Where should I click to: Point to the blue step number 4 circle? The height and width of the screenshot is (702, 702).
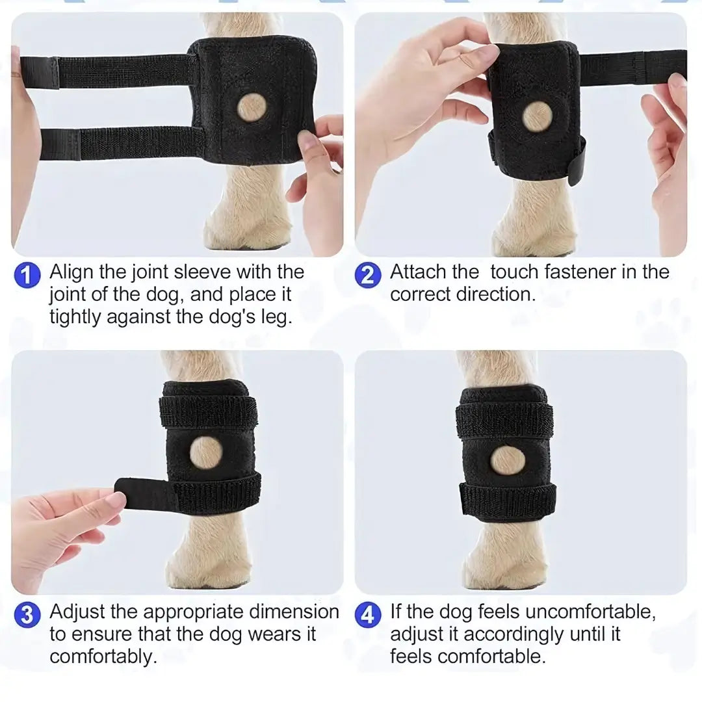click(x=368, y=615)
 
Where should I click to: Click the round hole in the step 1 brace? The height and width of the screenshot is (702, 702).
click(x=250, y=107)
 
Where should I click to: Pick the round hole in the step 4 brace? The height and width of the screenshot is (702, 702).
click(x=507, y=460)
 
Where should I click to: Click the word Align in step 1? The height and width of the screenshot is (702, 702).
click(x=72, y=272)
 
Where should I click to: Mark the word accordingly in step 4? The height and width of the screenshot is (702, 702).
click(x=513, y=634)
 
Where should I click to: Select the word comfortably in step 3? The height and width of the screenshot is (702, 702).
click(x=103, y=656)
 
